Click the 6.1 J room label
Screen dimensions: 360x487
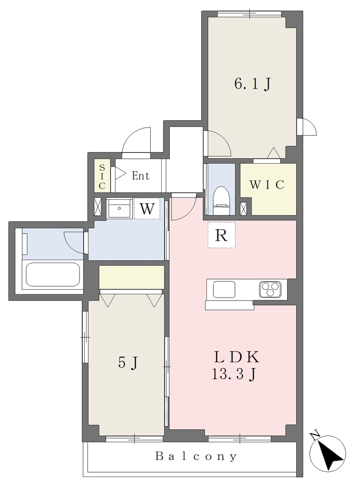pos(253,84)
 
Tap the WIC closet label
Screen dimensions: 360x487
pos(267,185)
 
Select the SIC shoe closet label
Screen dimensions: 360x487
pos(102,177)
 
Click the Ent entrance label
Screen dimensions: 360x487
pos(141,176)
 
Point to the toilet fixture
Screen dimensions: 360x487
pos(222,200)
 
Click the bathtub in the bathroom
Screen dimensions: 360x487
pos(53,274)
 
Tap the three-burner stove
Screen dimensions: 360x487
pos(270,290)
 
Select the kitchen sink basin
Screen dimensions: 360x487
pos(224,290)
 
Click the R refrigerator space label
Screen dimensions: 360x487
pos(221,235)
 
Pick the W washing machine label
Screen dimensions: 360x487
pos(147,209)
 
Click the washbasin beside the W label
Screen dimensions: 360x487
pos(119,209)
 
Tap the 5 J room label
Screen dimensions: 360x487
pos(128,362)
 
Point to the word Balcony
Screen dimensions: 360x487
pos(196,456)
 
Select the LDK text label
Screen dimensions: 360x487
pos(237,357)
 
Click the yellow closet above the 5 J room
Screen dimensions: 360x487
pos(131,277)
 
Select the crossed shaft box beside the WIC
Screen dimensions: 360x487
pos(244,208)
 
